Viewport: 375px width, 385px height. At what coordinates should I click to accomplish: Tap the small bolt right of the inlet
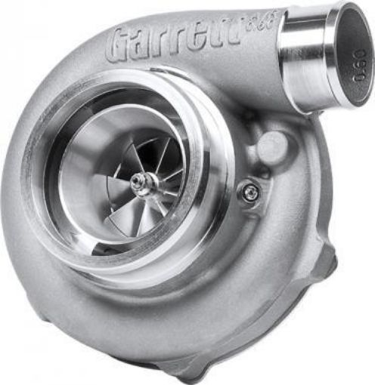tap(247, 193)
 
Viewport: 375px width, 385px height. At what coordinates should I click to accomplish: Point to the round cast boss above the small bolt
tap(273, 147)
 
